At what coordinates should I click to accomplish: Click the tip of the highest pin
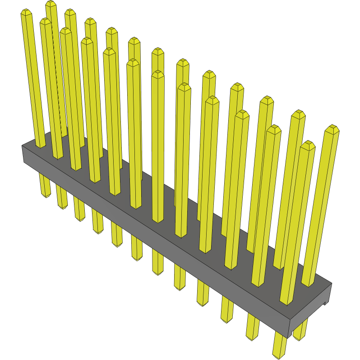[x=51, y=4]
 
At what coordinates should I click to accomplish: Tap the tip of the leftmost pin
[x=27, y=13]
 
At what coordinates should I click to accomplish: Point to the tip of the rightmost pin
[x=332, y=129]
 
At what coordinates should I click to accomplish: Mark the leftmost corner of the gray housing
[x=23, y=146]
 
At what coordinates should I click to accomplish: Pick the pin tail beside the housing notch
[x=300, y=332]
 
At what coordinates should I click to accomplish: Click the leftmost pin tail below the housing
[x=45, y=187]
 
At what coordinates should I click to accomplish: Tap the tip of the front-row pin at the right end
[x=308, y=145]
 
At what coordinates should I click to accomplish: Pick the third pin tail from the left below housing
[x=79, y=211]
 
